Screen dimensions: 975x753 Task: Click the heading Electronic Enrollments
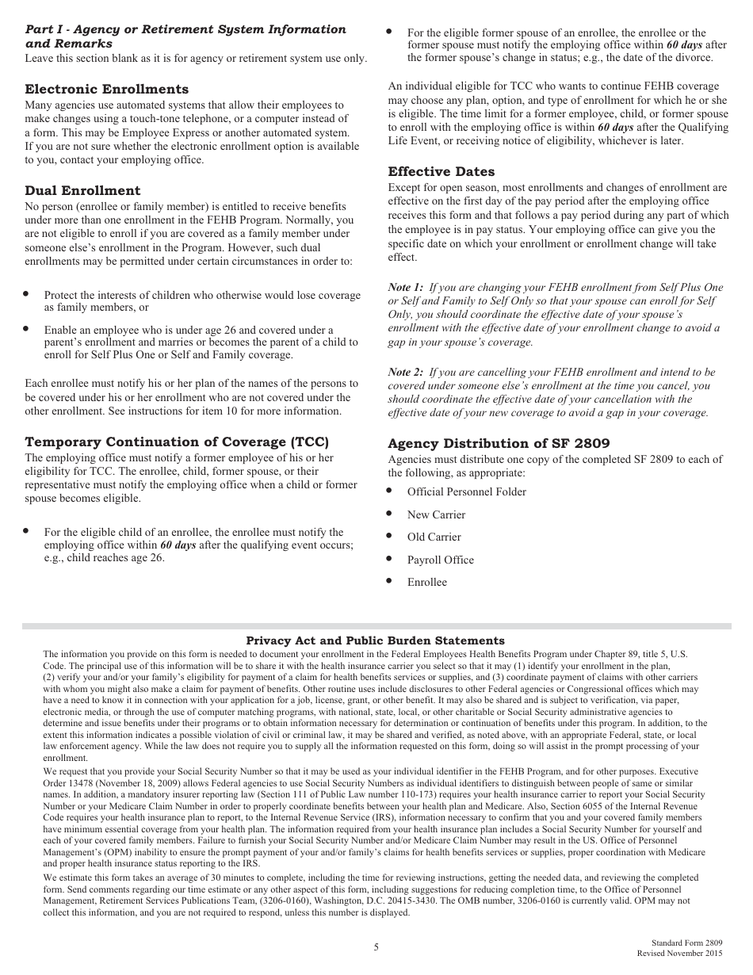107,90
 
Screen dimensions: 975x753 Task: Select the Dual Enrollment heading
82,191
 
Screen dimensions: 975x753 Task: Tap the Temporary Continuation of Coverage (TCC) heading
177,442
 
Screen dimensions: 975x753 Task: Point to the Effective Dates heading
441,172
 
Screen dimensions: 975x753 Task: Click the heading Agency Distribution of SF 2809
499,444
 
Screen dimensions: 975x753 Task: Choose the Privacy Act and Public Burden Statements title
375,640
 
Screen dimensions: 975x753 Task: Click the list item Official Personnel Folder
466,492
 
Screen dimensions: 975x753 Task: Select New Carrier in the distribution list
436,515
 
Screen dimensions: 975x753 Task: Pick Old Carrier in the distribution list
434,537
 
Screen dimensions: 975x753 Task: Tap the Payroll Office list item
440,560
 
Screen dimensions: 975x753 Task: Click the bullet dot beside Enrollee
389,581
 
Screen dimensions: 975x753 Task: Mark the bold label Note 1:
405,287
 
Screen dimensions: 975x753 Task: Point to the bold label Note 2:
405,372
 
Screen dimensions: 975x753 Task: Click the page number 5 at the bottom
376,947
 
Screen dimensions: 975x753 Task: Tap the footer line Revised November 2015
680,953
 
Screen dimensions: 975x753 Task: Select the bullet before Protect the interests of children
26,293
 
